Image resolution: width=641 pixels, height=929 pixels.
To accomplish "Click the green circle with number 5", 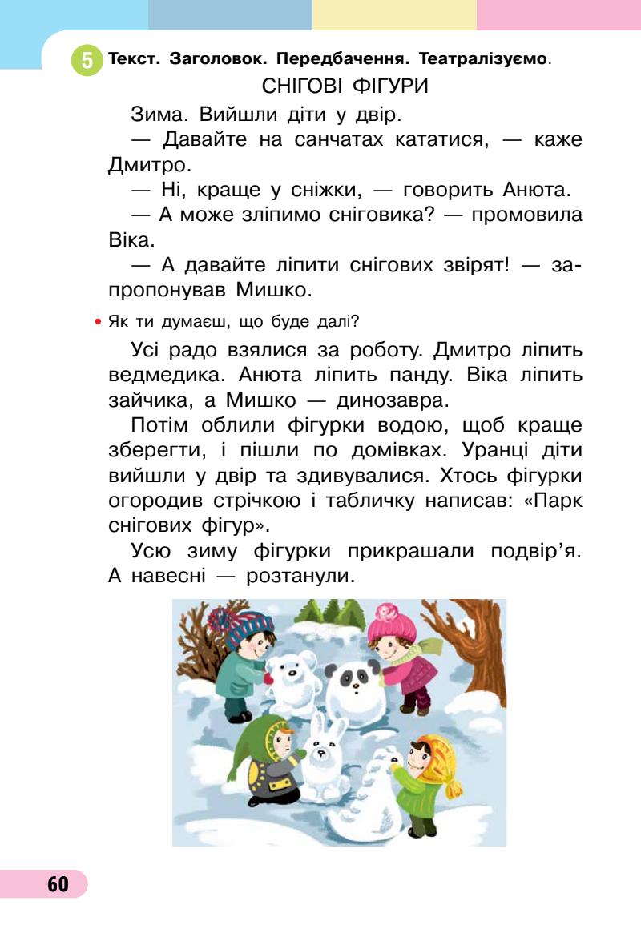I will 87,60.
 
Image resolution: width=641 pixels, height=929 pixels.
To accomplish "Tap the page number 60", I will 58,884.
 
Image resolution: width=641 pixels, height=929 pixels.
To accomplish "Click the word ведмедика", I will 162,376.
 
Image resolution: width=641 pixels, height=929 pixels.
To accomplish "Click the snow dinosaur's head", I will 385,758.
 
